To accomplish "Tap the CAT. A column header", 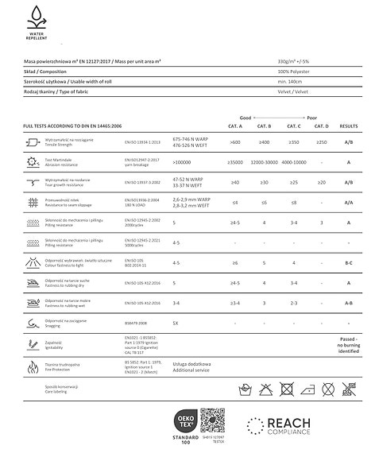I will (235, 126).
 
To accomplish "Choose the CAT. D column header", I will (321, 126).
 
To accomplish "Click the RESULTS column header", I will (349, 126).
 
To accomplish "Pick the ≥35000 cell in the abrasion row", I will (235, 162).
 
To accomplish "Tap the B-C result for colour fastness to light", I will (349, 261).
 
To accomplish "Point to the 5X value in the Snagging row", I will (176, 323).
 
